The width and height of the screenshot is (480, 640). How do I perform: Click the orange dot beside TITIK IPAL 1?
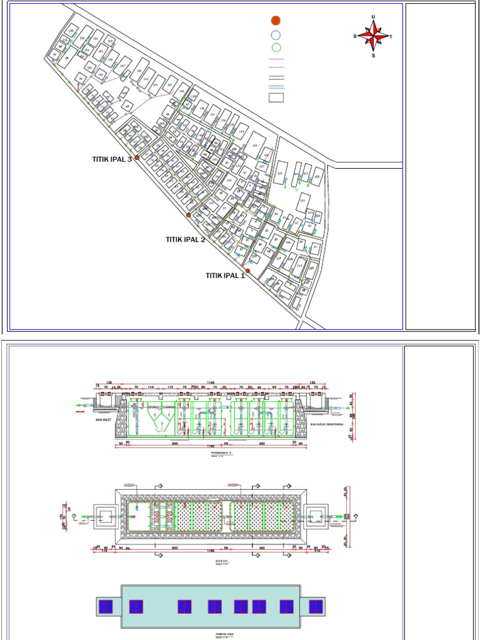pyautogui.click(x=247, y=271)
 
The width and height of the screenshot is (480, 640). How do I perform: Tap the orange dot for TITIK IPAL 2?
pyautogui.click(x=188, y=215)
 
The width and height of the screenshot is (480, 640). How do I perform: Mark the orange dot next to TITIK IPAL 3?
pyautogui.click(x=137, y=158)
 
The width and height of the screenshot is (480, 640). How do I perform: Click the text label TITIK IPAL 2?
pyautogui.click(x=186, y=239)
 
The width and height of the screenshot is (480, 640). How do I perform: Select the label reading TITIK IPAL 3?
pyautogui.click(x=112, y=159)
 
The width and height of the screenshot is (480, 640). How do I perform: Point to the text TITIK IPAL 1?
pyautogui.click(x=226, y=276)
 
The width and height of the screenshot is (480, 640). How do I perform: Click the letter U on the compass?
pyautogui.click(x=373, y=17)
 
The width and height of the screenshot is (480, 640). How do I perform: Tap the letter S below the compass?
pyautogui.click(x=374, y=55)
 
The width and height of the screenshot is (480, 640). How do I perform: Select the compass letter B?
pyautogui.click(x=355, y=36)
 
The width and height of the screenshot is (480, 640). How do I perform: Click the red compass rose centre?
pyautogui.click(x=374, y=36)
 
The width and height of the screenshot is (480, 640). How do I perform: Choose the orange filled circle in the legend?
pyautogui.click(x=276, y=21)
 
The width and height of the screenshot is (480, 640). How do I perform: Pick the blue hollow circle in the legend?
pyautogui.click(x=276, y=35)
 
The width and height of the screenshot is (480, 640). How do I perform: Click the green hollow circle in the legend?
pyautogui.click(x=276, y=47)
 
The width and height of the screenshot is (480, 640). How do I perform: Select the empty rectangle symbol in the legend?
pyautogui.click(x=276, y=97)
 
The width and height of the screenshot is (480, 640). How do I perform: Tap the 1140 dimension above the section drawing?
pyautogui.click(x=211, y=382)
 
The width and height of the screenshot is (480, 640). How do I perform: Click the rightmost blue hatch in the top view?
pyautogui.click(x=316, y=606)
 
